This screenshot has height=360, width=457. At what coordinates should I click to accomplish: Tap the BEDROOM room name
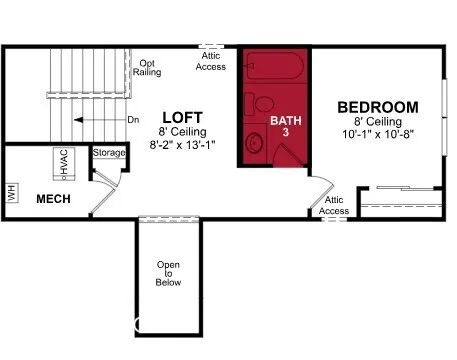tap(377, 107)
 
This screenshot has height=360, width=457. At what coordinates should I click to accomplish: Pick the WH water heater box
tap(12, 191)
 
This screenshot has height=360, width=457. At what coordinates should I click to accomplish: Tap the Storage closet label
tap(109, 153)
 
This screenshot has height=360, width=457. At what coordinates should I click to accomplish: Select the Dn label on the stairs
tap(132, 120)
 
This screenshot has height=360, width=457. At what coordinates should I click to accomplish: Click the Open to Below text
tap(168, 273)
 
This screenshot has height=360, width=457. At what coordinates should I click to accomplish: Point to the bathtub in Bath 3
tap(274, 70)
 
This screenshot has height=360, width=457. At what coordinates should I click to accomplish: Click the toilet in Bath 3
tap(263, 104)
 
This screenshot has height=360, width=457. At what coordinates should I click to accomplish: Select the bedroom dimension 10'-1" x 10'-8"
tap(377, 134)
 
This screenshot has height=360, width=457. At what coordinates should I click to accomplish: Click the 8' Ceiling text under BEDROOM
tap(377, 121)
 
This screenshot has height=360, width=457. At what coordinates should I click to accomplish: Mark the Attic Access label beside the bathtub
tap(210, 62)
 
